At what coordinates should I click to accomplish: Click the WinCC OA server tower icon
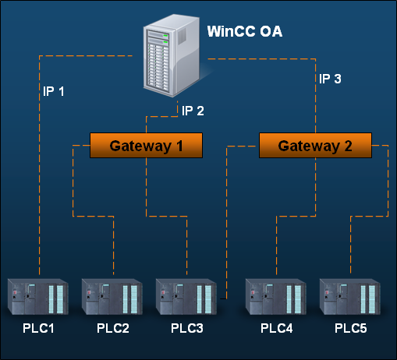click(172, 56)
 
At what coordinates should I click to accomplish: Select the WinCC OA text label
click(245, 31)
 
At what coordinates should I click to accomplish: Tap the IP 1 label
click(54, 91)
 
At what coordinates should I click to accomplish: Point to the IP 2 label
click(193, 111)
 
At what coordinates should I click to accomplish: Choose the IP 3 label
click(330, 79)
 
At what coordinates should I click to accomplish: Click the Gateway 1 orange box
click(146, 146)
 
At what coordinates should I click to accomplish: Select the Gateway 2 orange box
click(315, 146)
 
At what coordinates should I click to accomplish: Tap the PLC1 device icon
click(38, 297)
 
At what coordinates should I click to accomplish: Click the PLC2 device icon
click(112, 297)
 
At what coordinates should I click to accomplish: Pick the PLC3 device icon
click(186, 297)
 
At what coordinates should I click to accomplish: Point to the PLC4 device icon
click(276, 297)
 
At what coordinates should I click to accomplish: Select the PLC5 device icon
click(350, 297)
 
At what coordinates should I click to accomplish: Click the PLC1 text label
click(38, 328)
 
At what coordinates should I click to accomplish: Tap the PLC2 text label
click(113, 328)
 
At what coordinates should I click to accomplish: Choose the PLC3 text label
click(187, 328)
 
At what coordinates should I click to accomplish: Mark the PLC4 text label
click(277, 328)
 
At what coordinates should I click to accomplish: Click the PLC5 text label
click(351, 328)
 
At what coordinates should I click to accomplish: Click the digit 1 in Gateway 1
click(179, 146)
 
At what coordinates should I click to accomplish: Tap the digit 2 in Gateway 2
click(349, 146)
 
